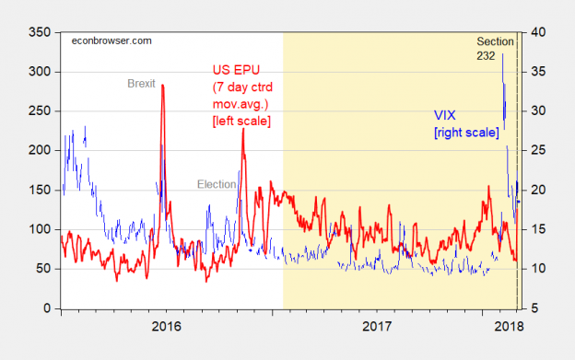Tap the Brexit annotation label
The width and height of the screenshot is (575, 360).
coord(142,83)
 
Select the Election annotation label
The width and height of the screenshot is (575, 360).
coord(217,184)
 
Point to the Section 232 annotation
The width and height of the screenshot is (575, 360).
coord(498,48)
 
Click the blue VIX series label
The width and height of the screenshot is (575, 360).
coord(447,116)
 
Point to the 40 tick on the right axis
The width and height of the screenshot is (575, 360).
coord(539,32)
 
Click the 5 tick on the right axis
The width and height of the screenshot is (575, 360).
coord(536,309)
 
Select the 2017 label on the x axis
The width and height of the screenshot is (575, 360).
coord(379,327)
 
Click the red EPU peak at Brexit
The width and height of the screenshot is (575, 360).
coord(162,86)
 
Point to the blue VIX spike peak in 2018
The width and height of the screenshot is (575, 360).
coord(502,55)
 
